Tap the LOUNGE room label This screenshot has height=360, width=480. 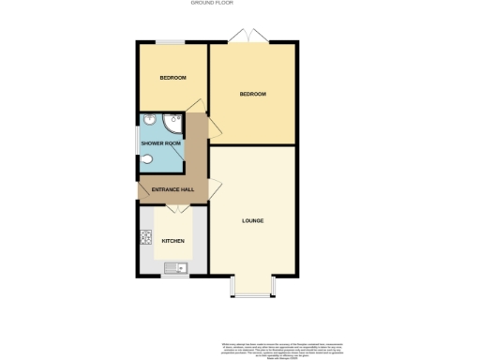tap(252, 221)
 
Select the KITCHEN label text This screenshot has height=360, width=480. tap(172, 241)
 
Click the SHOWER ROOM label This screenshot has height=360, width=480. tap(159, 143)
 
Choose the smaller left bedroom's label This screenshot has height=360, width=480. tap(172, 77)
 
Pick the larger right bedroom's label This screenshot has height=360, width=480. tap(252, 94)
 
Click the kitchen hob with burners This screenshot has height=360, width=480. tap(146, 239)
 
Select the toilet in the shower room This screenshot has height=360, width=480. tap(146, 159)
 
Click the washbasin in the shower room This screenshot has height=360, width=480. tap(147, 122)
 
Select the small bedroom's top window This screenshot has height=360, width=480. tap(171, 42)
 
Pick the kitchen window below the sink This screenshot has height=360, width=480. tap(174, 277)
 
